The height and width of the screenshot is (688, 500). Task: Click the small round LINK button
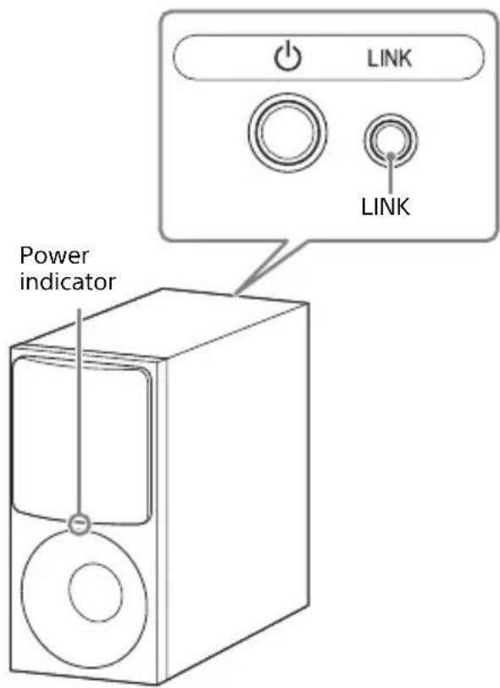388,139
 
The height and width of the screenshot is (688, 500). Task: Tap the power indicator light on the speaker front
79,524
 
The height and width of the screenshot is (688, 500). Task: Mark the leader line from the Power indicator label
79,407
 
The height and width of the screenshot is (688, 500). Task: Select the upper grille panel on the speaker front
81,441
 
